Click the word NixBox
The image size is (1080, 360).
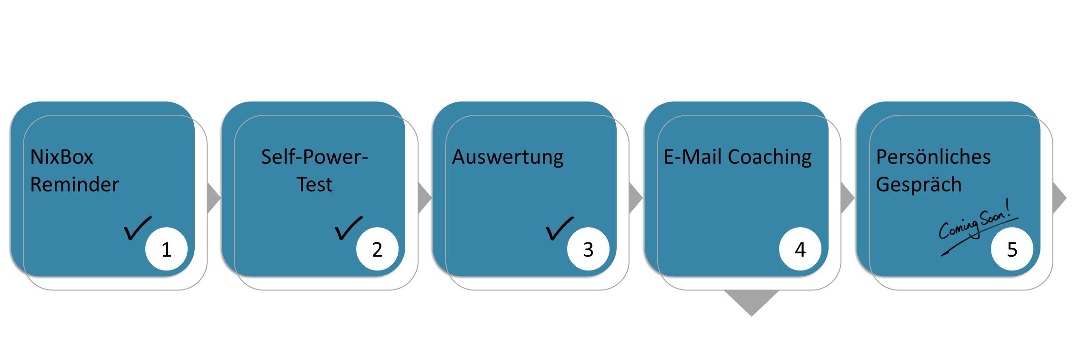coord(62,157)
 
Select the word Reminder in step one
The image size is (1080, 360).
coord(74,184)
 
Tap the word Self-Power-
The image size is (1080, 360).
coord(314,157)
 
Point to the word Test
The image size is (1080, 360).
coord(314,184)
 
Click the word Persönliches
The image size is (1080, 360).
coord(933,157)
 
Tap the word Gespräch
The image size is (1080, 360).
coord(919,185)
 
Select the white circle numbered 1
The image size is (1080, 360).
coord(166,249)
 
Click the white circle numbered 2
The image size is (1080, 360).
coord(377,249)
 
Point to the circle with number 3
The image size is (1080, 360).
coord(588,249)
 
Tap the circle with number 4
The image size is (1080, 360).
coord(800,249)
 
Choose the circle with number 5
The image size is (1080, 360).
coord(1012,249)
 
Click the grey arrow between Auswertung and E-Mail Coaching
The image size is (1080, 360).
coord(636,198)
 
